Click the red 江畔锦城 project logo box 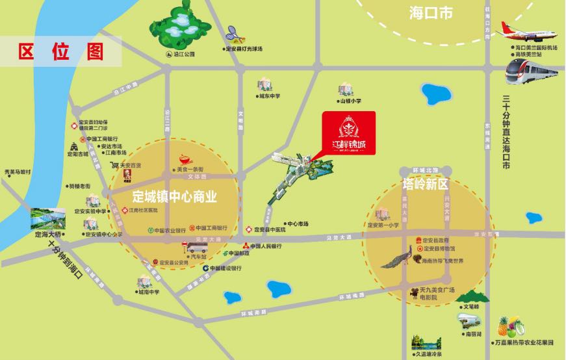[349, 133]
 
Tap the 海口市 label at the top [431, 12]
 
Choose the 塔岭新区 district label [426, 183]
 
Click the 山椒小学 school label [349, 101]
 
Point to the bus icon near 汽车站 [193, 247]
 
